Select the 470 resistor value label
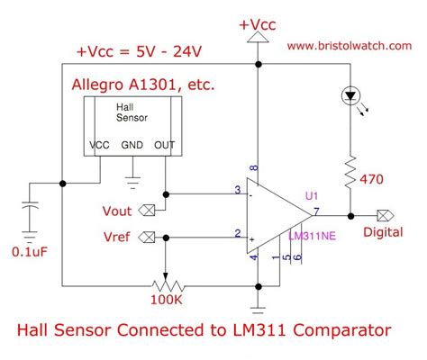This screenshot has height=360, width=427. coord(379,180)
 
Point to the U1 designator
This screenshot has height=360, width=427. coord(312,194)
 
